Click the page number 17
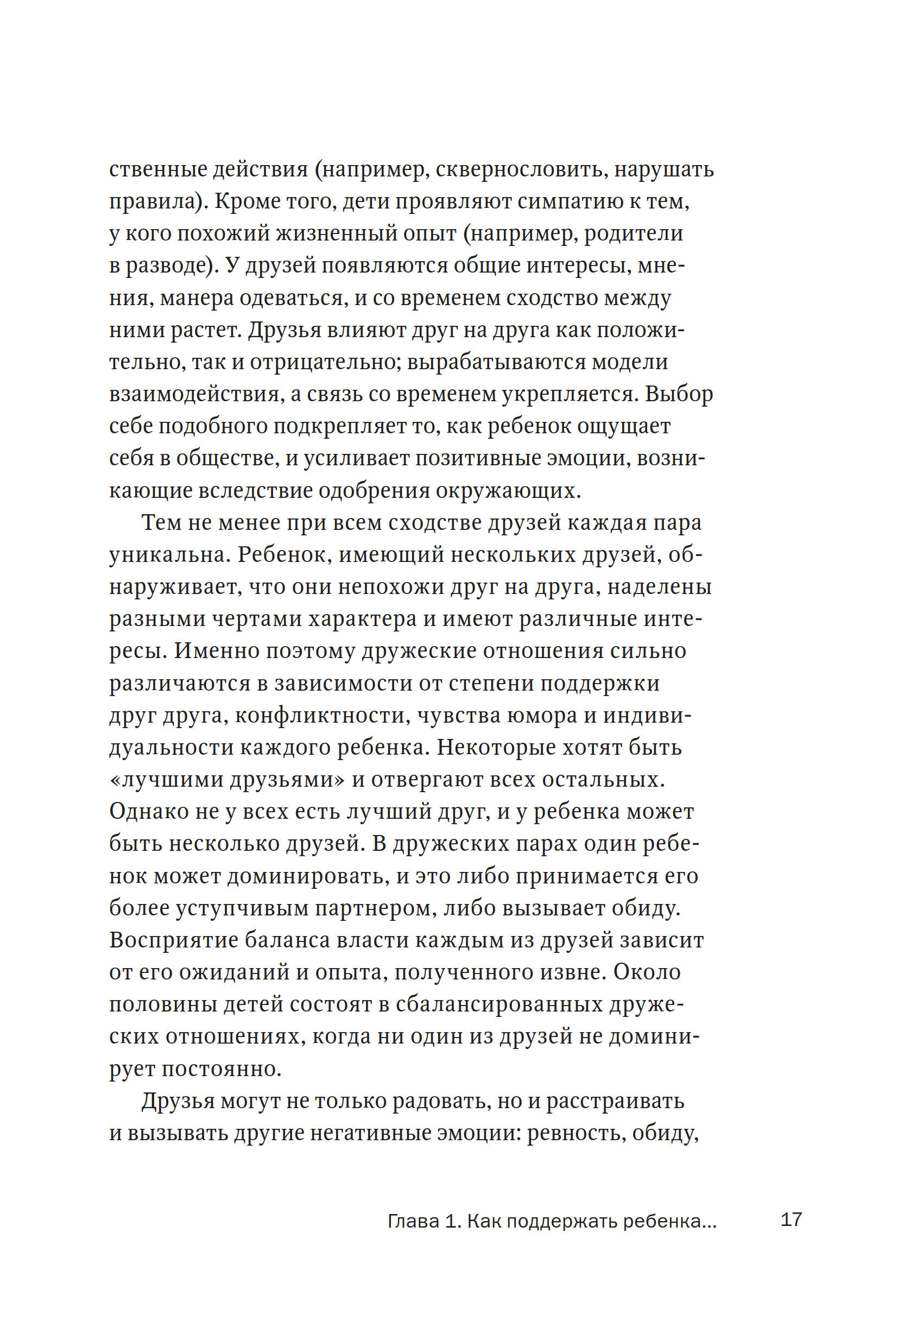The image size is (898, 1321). pyautogui.click(x=791, y=1219)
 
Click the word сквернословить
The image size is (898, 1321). pyautogui.click(x=519, y=169)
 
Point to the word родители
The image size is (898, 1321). pyautogui.click(x=633, y=233)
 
